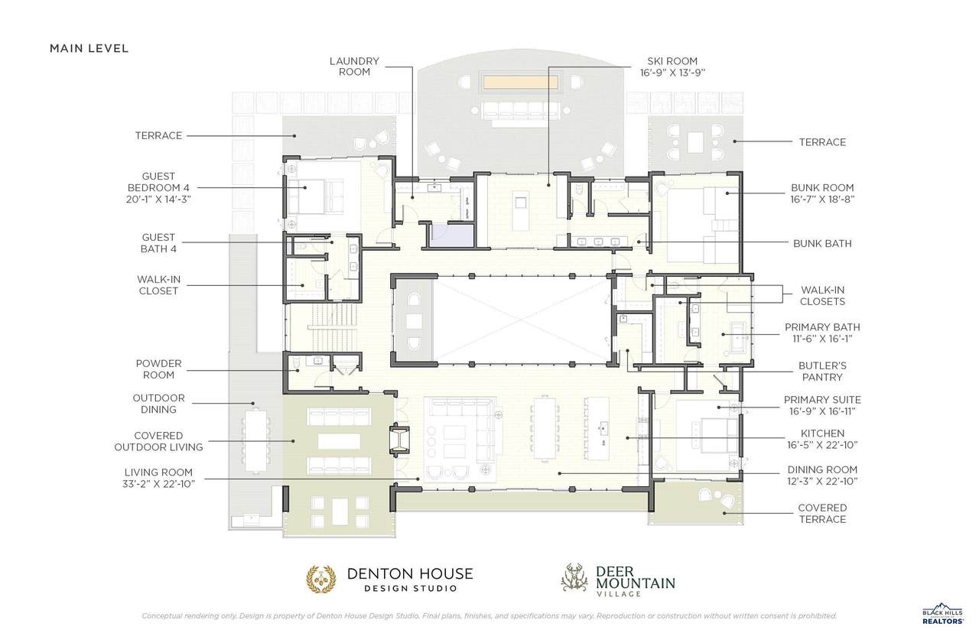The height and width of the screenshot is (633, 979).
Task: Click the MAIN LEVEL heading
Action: pos(89,48)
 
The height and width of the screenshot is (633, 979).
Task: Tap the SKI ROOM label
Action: pos(672,61)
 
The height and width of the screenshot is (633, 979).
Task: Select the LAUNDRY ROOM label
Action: pos(354,67)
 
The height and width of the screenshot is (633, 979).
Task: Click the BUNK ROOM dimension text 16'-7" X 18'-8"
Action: pos(822,200)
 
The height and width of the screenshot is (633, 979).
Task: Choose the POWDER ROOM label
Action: pos(158,369)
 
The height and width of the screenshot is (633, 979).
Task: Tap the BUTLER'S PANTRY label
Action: pos(822,372)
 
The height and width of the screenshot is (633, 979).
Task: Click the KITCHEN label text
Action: pos(822,433)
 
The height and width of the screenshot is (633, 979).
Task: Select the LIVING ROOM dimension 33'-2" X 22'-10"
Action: pos(158,484)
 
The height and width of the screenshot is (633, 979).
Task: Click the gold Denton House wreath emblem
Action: pos(321,579)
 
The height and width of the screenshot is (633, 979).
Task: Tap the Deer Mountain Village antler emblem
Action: pos(574,577)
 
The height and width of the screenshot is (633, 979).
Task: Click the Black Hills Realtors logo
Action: pos(943,614)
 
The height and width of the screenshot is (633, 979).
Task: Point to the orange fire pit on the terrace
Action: pos(520,82)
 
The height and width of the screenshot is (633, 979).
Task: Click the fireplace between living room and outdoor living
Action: pos(400,440)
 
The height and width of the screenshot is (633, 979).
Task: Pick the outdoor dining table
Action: pos(255,440)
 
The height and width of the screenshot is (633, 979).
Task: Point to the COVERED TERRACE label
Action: pos(822,513)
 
